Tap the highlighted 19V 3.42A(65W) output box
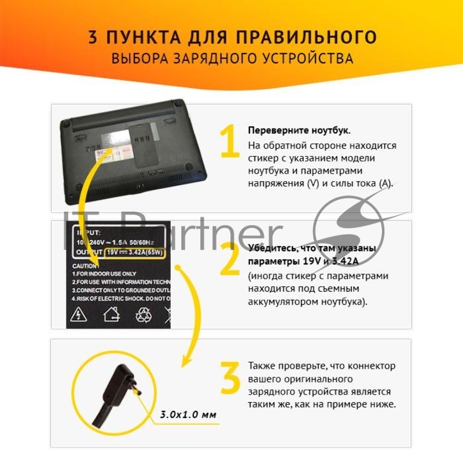[134, 253]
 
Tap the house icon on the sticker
[111, 314]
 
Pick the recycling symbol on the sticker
[143, 314]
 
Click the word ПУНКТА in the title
[138, 37]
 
